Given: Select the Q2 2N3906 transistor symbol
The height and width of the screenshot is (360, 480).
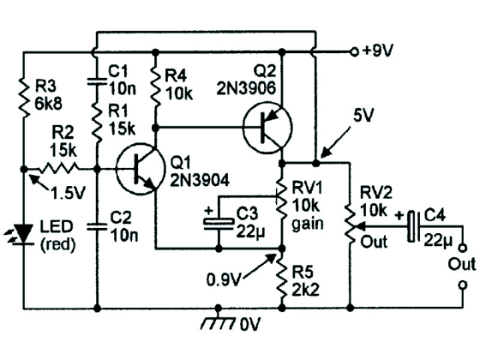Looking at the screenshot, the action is coord(267,128).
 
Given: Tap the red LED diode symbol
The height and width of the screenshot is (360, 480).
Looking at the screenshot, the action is coord(24,235).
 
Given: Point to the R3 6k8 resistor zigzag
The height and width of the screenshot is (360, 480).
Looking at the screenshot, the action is coord(24,98).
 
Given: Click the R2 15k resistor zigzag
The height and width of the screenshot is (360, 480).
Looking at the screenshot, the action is coord(58,168).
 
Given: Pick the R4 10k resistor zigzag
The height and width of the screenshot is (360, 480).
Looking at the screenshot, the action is coord(156,87).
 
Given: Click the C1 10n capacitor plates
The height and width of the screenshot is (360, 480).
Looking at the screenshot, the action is coord(97,81).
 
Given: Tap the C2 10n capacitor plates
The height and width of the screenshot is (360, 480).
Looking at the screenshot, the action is coord(97,227).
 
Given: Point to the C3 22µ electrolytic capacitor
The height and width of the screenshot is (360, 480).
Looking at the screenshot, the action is coord(219,223).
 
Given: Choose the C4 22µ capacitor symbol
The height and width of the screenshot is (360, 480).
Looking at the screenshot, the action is coord(412,227).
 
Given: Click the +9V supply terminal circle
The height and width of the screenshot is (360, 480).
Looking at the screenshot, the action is coord(354,52).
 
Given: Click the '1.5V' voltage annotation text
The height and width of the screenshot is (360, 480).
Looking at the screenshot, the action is coord(68,193).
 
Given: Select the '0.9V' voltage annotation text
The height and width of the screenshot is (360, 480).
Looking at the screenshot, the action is coord(223,279).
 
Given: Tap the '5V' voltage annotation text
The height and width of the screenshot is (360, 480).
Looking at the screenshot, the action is coord(363,116).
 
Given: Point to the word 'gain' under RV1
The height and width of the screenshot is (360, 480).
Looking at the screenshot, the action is coord(308,225).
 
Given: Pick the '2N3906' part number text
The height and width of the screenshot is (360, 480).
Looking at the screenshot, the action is coord(247,88).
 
